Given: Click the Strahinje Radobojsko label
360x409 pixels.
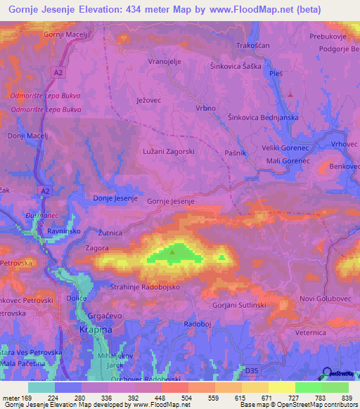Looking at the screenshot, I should [x=146, y=287].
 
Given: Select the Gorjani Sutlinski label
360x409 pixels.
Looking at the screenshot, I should [x=238, y=306].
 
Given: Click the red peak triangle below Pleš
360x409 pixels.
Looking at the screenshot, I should [x=290, y=93].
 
